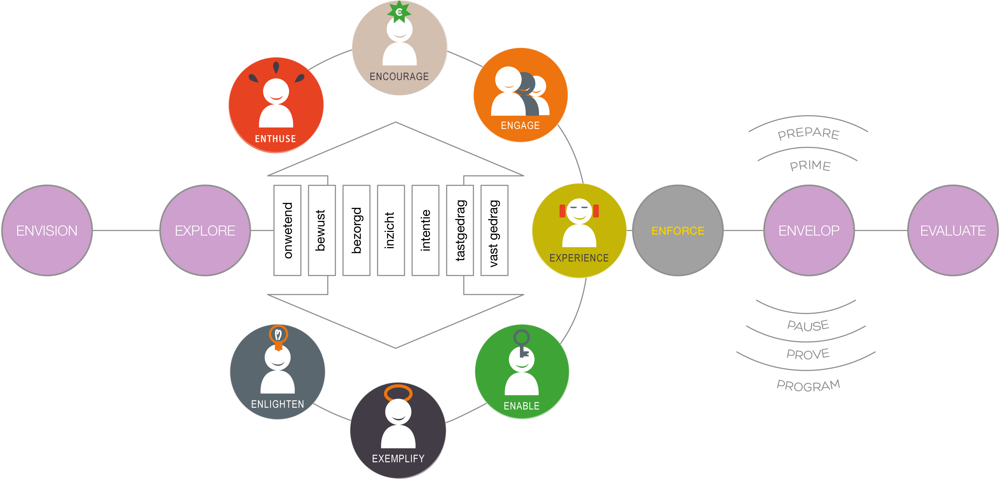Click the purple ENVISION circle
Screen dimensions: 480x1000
(x=47, y=230)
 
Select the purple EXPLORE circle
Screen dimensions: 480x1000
(x=205, y=230)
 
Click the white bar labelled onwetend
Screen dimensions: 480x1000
(x=287, y=230)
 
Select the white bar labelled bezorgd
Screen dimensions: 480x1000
(x=356, y=230)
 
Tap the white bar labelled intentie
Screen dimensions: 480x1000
(x=425, y=230)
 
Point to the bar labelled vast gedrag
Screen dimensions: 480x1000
(x=494, y=230)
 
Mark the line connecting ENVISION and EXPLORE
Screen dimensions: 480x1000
(x=126, y=230)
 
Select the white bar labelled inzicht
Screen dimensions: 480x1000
(x=391, y=230)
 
